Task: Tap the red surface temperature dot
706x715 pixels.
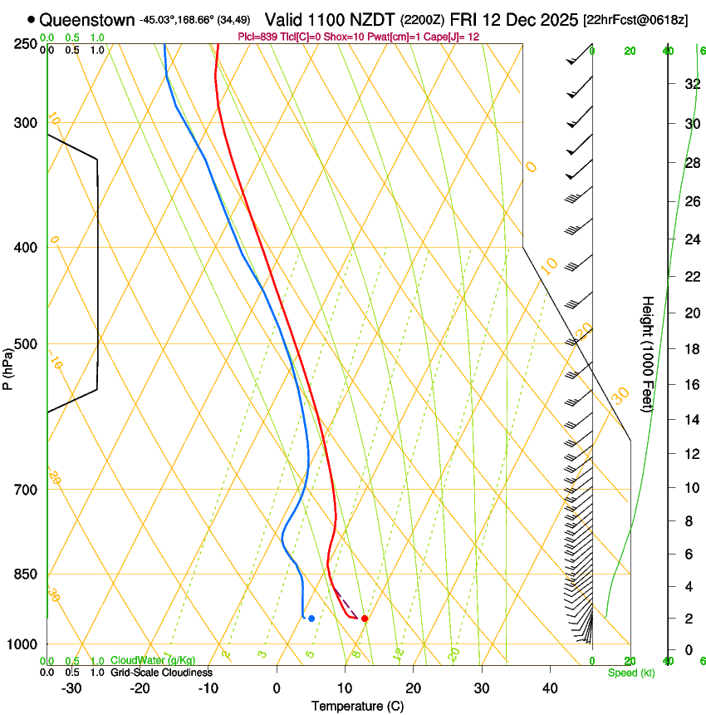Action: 364,618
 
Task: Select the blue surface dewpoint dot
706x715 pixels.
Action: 311,618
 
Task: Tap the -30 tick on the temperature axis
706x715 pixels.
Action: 71,688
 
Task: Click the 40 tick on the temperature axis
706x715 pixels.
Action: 550,688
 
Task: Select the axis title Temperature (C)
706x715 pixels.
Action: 357,706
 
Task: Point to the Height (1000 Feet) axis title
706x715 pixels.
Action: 648,353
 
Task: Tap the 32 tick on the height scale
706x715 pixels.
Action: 691,84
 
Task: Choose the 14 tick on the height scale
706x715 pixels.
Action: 691,420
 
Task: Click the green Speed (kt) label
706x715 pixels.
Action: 630,673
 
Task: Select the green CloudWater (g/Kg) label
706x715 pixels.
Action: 153,661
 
